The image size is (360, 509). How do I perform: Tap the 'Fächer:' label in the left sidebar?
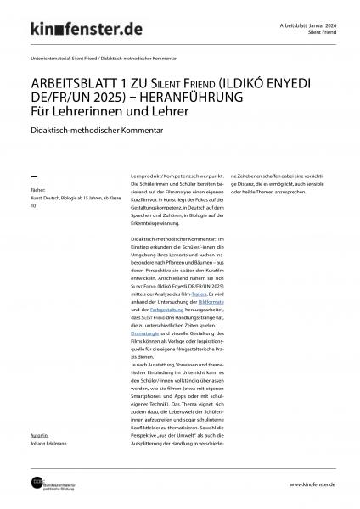coord(37,191)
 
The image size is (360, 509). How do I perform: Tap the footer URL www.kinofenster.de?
coord(312,484)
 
